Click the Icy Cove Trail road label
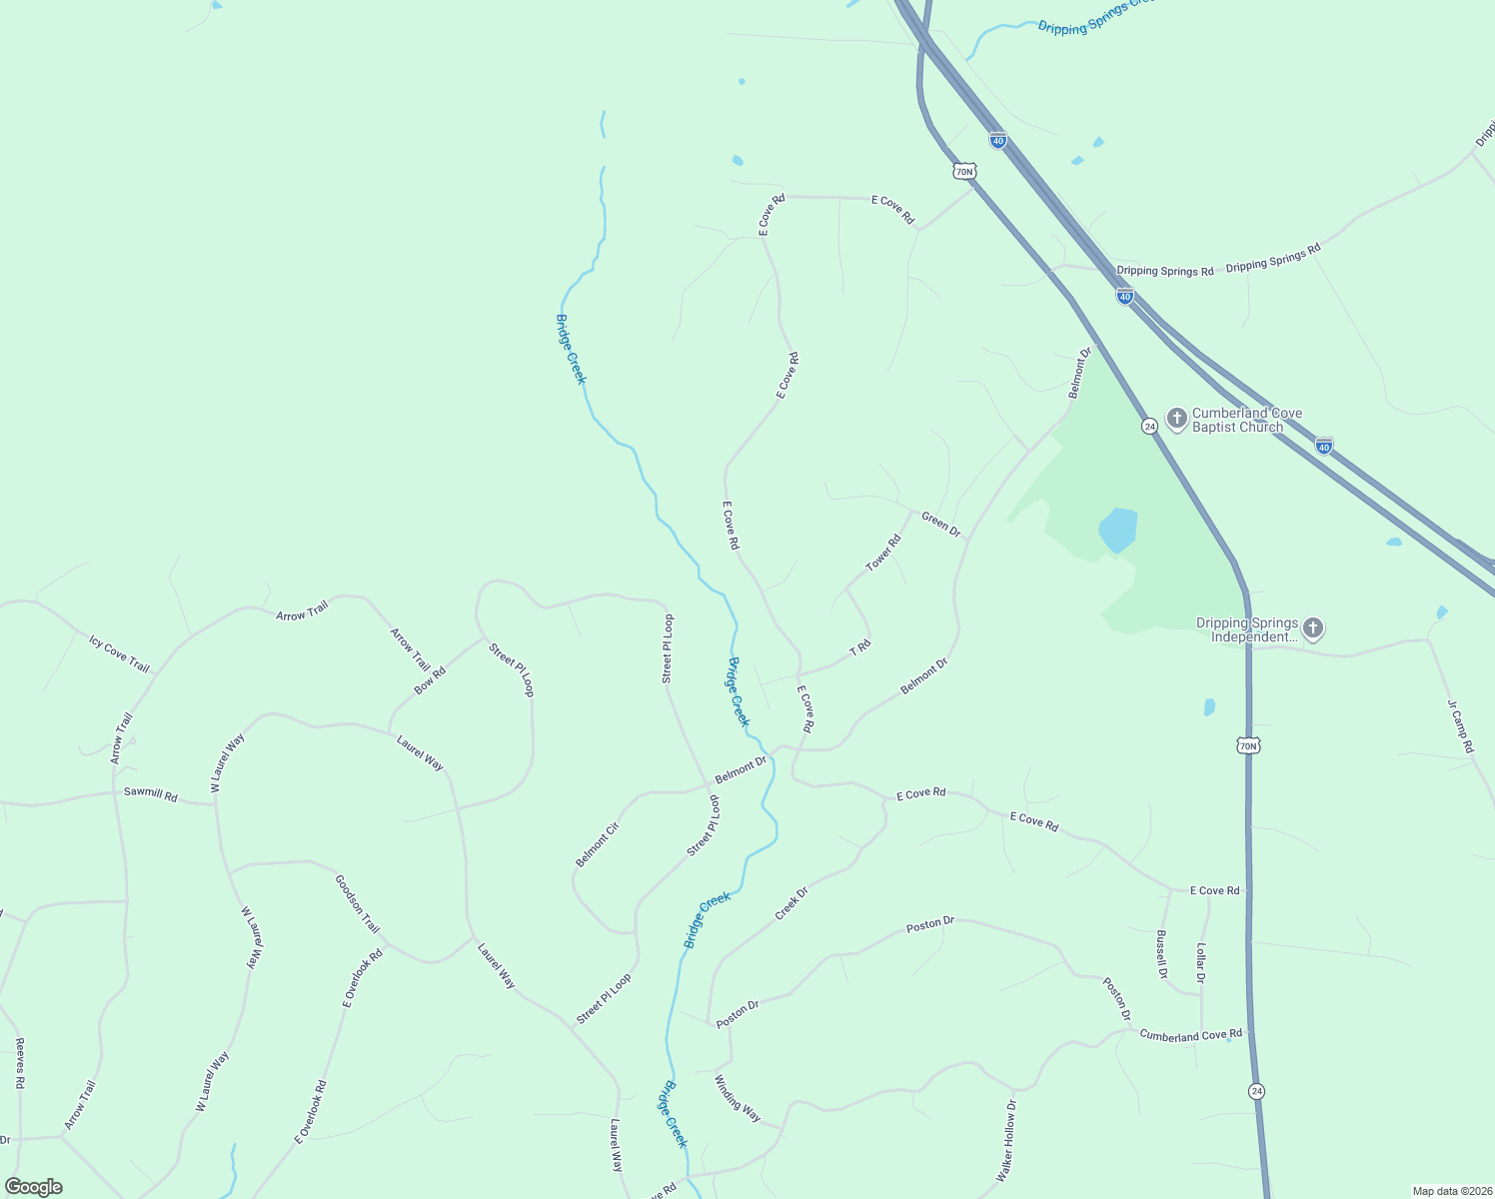(119, 654)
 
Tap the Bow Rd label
(430, 680)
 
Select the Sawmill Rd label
(150, 794)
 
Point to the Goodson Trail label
(357, 903)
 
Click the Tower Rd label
(883, 553)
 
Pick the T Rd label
(860, 648)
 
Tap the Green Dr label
(940, 524)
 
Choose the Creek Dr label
(791, 903)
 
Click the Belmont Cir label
(598, 844)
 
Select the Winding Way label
(738, 1098)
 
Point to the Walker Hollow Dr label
(1005, 1141)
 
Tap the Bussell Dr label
(1161, 955)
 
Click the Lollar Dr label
(1200, 963)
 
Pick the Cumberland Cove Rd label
(1190, 1035)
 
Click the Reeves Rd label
(19, 1063)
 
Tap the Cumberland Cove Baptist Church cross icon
(1177, 418)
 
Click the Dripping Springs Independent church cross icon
(1313, 628)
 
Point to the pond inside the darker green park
(1117, 530)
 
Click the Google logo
(33, 1187)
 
